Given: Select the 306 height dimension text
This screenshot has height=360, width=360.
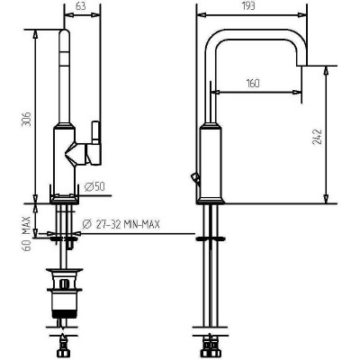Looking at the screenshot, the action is pos(26,120).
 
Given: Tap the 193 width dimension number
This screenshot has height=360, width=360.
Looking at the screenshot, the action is pos(247,5).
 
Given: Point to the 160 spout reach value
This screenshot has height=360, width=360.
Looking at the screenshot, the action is pos(253,83).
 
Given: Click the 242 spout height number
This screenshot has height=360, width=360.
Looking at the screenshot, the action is pos(317,137).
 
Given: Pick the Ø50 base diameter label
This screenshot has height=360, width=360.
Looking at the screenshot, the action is pos(94,187).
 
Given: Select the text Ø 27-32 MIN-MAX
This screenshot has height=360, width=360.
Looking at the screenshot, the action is pos(121,224).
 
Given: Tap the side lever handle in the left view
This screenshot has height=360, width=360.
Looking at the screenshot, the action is pos(95,143).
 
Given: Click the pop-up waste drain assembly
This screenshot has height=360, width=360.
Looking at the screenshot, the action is pos(64,292).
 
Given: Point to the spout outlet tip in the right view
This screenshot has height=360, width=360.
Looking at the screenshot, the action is pos(301,65).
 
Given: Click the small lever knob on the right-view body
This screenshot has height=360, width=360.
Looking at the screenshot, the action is pos(194,178).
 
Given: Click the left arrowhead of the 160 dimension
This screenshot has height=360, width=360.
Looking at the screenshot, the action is pos(216,92).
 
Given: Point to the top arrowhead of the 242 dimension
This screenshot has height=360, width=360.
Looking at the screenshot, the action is pos(326,70).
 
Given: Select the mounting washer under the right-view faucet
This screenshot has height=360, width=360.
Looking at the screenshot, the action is pos(210,238).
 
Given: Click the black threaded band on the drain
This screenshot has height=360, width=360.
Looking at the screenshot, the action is pos(64,314).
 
